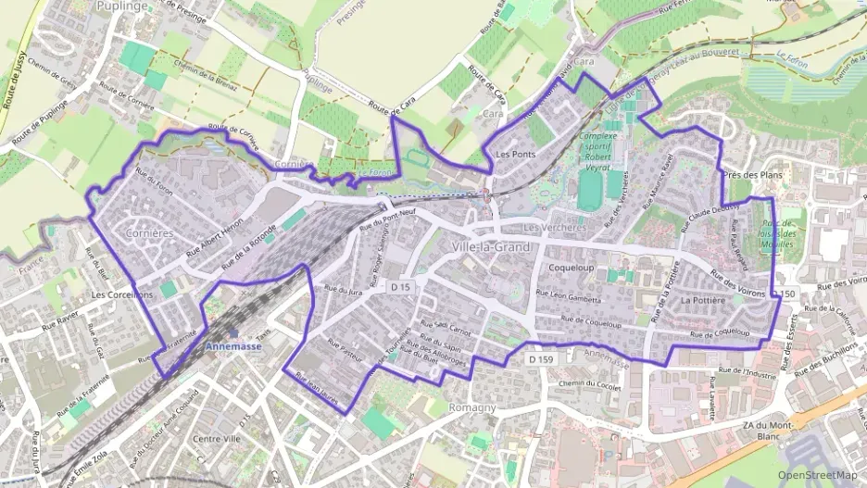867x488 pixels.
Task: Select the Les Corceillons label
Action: (x=122, y=294)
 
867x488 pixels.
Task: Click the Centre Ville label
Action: (x=217, y=438)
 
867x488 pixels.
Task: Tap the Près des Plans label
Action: (x=749, y=174)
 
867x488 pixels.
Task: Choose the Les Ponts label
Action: (x=516, y=153)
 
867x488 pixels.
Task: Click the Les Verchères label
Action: (x=555, y=228)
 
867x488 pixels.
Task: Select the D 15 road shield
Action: (x=400, y=288)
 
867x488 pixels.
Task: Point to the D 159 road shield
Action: (x=541, y=358)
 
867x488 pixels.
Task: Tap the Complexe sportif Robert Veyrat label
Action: (x=597, y=153)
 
